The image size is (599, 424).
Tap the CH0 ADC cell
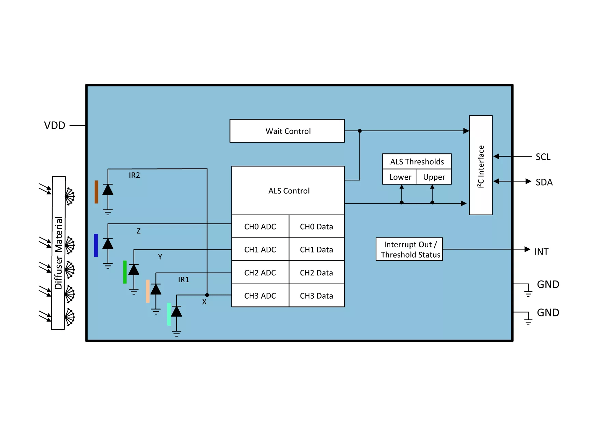point(260,227)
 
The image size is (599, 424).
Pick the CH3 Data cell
point(317,296)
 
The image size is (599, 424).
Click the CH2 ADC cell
point(260,273)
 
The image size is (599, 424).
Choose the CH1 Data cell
point(317,249)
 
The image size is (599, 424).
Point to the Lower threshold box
point(400,177)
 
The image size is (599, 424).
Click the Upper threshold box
point(434,177)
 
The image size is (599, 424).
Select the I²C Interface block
point(481,165)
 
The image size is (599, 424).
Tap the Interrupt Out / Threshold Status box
point(409,249)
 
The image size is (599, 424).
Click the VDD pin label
point(55,125)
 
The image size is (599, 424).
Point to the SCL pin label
point(543,157)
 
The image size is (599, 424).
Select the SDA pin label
point(544,182)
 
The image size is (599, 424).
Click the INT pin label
point(541,252)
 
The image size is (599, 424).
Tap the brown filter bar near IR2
point(96,192)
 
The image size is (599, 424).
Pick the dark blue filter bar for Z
point(96,245)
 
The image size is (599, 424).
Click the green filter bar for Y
point(125,272)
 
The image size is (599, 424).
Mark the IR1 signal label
point(183,279)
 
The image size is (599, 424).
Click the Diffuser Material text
point(58,253)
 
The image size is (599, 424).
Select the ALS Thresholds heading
point(417,162)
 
